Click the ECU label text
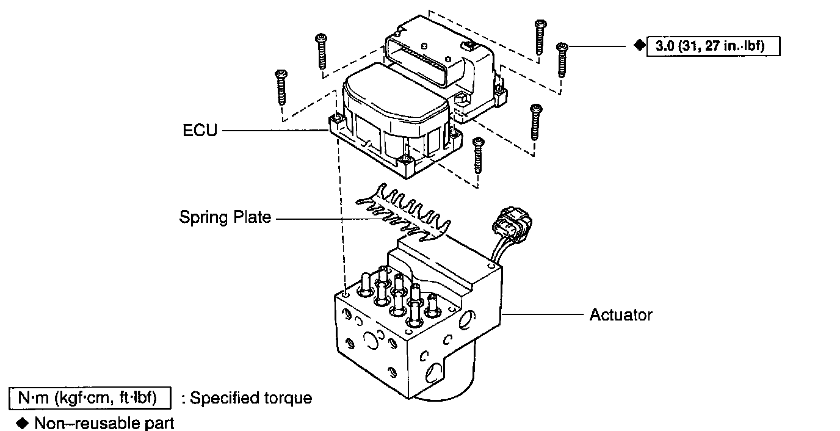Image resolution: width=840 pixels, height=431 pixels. click(200, 131)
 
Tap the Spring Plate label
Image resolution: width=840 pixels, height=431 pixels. click(225, 217)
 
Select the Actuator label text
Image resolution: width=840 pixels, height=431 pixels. click(621, 315)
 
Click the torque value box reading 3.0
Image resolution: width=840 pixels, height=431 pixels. click(714, 46)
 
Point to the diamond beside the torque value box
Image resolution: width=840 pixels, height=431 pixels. click(639, 46)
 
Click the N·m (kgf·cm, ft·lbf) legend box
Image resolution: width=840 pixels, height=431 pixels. click(90, 398)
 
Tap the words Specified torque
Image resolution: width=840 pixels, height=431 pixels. click(251, 398)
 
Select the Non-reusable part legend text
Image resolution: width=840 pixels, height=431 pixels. click(104, 422)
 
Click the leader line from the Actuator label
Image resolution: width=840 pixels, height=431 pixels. click(543, 315)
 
